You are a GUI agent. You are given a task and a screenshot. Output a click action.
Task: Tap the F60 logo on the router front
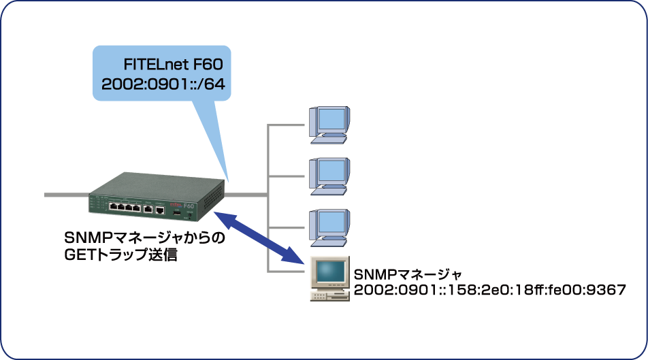point(189,206)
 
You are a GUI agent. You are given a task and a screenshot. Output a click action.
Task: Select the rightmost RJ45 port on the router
point(159,210)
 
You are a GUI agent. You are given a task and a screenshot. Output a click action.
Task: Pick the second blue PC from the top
point(329,174)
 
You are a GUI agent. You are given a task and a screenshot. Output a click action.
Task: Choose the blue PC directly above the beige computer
point(329,225)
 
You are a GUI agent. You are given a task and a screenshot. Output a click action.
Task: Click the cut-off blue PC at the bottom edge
point(329,350)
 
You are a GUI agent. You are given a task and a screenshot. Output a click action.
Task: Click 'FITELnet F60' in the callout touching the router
point(174,65)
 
